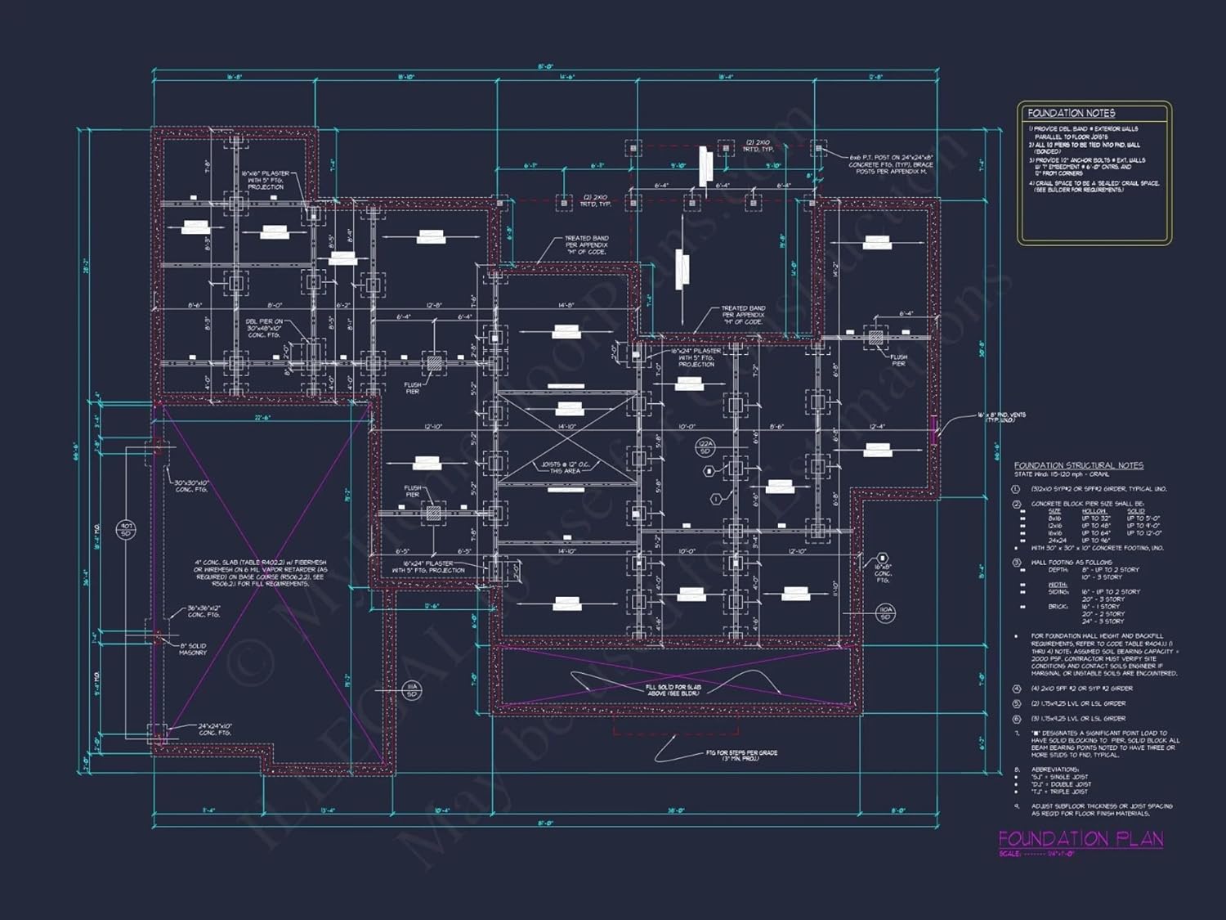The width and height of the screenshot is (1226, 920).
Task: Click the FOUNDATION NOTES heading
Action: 1071,113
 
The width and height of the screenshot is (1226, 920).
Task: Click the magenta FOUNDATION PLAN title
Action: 1081,838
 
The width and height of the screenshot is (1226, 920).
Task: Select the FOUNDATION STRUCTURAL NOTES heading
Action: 1078,465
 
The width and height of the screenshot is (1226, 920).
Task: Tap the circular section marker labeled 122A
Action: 705,447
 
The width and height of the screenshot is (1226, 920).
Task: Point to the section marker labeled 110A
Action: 886,613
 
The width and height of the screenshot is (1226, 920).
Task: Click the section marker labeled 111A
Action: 412,690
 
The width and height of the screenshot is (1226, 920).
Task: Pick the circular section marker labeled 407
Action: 126,529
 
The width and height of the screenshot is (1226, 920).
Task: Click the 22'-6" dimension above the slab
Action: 262,418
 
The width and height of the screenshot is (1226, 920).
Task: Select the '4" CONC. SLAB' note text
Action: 261,572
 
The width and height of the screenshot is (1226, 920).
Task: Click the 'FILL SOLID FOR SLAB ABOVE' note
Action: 673,690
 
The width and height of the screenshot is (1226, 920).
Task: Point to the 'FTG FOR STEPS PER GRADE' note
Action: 741,756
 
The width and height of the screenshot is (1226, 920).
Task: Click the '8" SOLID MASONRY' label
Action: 193,649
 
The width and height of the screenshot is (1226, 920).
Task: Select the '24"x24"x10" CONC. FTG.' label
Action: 215,729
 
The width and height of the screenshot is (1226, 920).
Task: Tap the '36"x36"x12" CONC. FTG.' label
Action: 204,612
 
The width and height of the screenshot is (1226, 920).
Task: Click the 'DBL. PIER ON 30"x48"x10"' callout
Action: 264,328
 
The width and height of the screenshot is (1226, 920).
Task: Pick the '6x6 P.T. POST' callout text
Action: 890,164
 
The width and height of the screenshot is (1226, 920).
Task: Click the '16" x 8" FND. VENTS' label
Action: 1001,417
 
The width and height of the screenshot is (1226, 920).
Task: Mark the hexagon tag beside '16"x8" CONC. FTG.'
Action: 883,558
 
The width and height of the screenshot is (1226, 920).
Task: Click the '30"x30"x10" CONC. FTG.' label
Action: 191,486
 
